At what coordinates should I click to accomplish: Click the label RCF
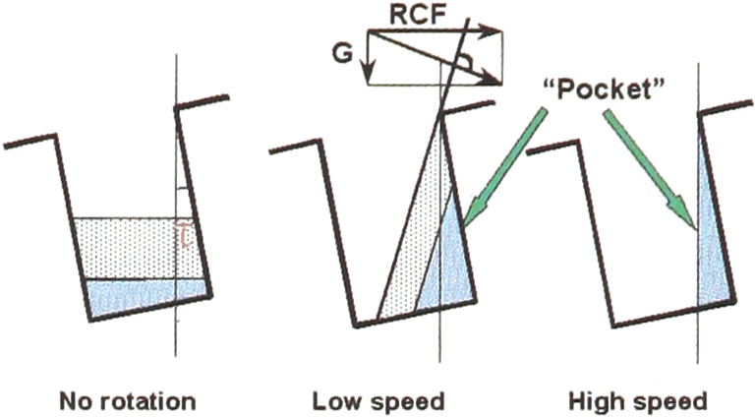[x=417, y=15]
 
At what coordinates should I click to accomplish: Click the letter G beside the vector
[x=342, y=53]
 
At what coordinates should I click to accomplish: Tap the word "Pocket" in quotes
[x=605, y=89]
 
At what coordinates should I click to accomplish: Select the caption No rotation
[x=128, y=401]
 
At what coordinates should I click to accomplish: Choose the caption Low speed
[x=377, y=401]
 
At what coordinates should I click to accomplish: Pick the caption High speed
[x=638, y=401]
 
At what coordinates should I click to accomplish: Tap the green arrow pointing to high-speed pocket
[x=651, y=169]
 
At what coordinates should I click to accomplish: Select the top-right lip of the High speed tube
[x=726, y=107]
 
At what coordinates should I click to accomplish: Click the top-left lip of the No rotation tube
[x=30, y=140]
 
